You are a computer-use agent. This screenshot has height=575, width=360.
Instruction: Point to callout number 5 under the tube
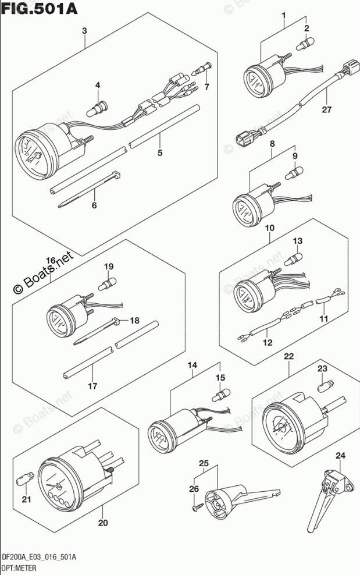[x=160, y=154]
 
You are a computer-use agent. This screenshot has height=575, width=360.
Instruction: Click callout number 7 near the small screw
[x=206, y=87]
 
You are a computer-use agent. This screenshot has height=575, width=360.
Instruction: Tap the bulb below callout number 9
[x=294, y=172]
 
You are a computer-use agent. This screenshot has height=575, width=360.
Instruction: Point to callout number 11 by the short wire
[x=323, y=319]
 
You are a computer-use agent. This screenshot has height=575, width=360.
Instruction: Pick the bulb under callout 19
[x=108, y=285]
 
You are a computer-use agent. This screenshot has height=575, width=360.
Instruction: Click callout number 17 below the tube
[x=92, y=385]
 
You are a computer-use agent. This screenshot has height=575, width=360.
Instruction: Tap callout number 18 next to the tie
[x=134, y=320]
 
